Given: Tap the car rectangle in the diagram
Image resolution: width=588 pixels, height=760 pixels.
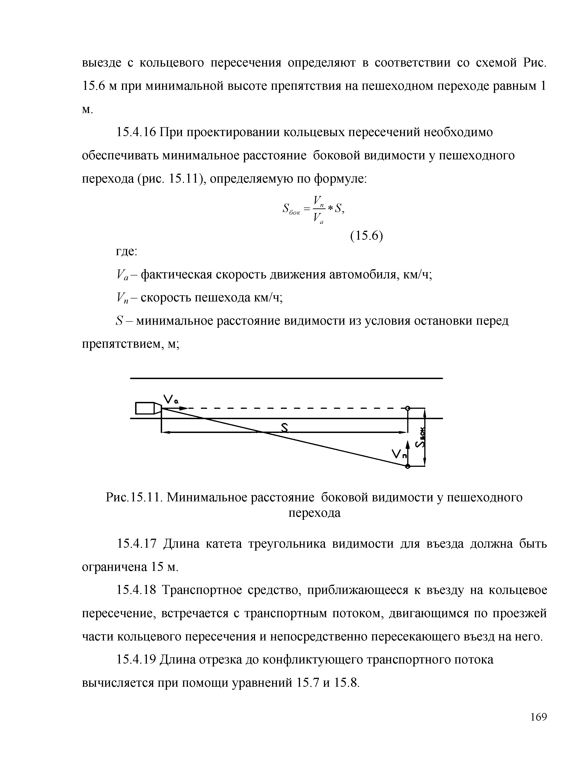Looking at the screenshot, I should click(x=145, y=408).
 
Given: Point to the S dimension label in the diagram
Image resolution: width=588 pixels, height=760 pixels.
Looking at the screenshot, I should click(x=285, y=428).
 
